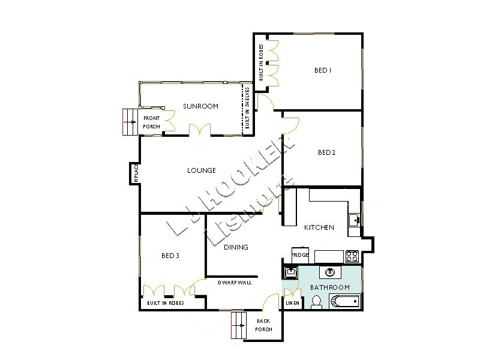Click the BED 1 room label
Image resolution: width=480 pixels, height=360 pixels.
point(323,70)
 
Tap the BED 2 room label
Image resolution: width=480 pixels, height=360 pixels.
point(326,152)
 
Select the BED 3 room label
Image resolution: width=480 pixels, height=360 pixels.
point(170,256)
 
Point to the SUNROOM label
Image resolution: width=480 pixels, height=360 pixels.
point(200,106)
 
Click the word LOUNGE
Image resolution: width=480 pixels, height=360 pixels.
point(201,170)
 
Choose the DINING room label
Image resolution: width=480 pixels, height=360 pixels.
point(236,247)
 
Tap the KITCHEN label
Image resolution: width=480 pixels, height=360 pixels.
point(319,227)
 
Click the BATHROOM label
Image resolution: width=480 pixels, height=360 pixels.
point(329,287)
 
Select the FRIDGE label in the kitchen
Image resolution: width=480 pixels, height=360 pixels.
point(300,256)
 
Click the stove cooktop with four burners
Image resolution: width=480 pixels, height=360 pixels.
point(352,256)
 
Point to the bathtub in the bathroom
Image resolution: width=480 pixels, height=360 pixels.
point(344,301)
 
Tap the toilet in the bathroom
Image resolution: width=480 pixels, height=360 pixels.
point(317,301)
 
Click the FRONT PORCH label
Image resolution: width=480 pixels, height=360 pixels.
point(151,122)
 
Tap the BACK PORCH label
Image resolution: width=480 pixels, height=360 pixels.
point(264,325)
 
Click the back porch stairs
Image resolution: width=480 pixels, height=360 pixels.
point(239,326)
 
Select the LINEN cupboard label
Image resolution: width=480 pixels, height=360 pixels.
point(292,303)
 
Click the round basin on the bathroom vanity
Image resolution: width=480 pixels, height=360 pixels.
point(329,273)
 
